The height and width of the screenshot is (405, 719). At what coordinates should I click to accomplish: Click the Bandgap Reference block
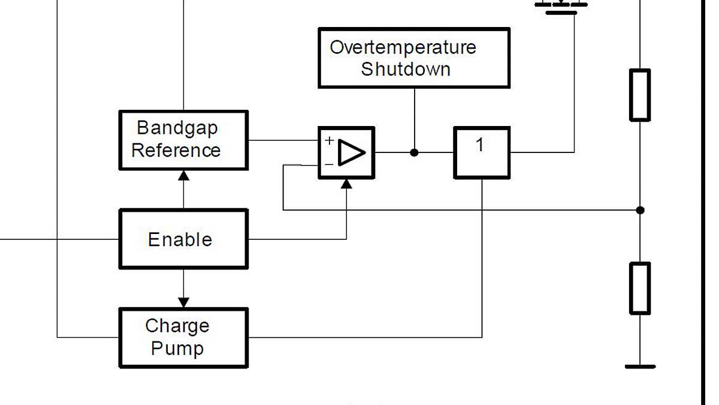[183, 140]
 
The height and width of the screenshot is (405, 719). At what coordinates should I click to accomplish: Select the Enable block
[183, 239]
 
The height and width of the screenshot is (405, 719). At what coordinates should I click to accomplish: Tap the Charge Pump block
[183, 337]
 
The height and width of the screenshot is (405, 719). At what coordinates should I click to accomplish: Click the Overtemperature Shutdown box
[414, 58]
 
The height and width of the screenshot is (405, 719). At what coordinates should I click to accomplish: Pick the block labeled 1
[482, 152]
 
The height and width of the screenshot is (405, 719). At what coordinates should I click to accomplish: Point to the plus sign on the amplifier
[329, 141]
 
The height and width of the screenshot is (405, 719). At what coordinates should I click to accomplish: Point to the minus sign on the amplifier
[329, 164]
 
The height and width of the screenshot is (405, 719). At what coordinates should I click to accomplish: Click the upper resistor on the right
[640, 95]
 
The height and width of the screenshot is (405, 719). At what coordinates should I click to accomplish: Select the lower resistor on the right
[640, 288]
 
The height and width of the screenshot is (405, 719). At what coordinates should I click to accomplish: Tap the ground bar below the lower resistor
[640, 366]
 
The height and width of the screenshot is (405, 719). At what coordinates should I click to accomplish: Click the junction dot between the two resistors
[640, 210]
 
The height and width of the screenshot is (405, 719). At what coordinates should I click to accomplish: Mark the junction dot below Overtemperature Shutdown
[414, 152]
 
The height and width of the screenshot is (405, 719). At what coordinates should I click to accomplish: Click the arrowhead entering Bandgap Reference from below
[184, 175]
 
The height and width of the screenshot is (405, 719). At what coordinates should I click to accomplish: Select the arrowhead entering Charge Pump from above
[184, 302]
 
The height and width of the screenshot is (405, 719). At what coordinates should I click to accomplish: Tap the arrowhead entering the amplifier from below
[346, 184]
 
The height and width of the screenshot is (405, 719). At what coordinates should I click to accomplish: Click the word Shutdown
[406, 69]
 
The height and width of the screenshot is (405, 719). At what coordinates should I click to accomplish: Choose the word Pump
[177, 348]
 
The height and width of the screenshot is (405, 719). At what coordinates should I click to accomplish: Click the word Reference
[176, 150]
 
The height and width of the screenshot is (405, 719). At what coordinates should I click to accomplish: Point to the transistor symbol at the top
[561, 6]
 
